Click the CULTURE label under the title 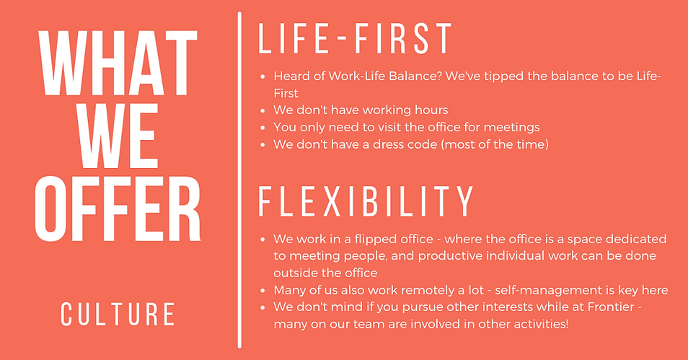(x=118, y=315)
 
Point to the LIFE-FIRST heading (x=355, y=38)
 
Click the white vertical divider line (x=239, y=180)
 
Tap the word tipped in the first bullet (x=477, y=76)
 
